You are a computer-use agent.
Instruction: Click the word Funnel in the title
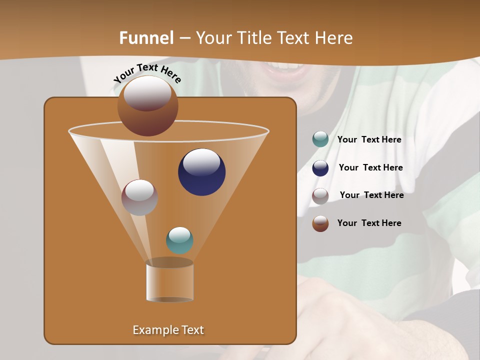coord(146,38)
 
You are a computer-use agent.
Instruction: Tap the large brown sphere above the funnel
coord(148,106)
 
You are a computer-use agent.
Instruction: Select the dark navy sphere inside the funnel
coord(201,171)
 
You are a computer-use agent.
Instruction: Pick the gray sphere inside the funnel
coord(139,197)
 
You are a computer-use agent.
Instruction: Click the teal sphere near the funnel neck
coord(179,240)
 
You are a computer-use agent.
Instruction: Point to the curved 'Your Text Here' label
coord(147,72)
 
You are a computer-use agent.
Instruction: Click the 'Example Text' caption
coord(168,330)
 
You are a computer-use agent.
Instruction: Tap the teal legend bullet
coord(320,139)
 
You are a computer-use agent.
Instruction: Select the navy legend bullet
coord(320,168)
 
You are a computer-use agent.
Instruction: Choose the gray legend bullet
coord(320,196)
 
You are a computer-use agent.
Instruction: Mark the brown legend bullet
coord(320,223)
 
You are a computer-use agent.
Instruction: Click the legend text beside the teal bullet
coord(369,140)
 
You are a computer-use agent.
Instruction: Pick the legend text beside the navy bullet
coord(370,168)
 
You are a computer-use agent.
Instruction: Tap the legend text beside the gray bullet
coord(371,195)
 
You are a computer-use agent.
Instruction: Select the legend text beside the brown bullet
coord(369,223)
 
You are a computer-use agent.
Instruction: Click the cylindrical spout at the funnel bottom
coord(169,281)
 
